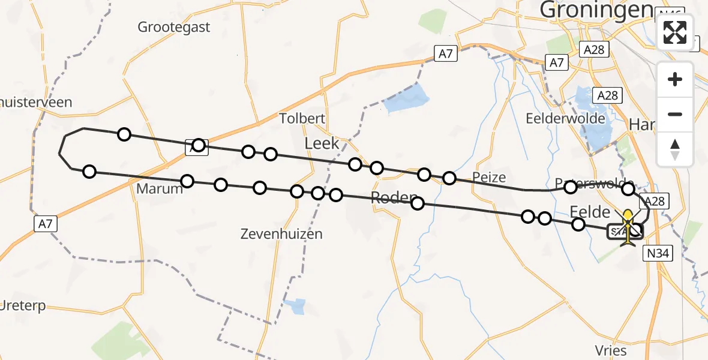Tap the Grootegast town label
(x=174, y=27)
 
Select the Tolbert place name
(x=302, y=118)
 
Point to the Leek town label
(x=322, y=143)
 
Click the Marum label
(x=159, y=188)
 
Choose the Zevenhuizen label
(x=281, y=233)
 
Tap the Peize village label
(x=489, y=178)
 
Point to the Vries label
(x=611, y=351)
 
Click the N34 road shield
(x=658, y=254)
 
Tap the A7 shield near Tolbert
(x=446, y=54)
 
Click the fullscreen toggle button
(x=675, y=32)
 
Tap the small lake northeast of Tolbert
(x=407, y=99)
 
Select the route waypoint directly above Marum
(x=187, y=181)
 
